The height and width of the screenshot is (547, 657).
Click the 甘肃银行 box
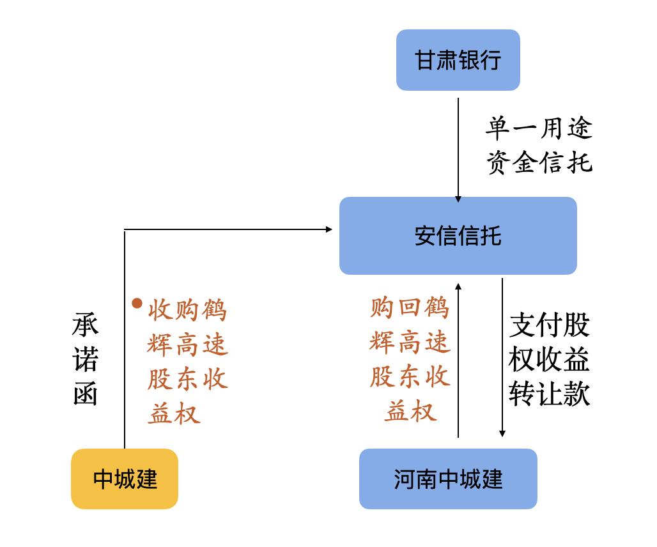coord(458,60)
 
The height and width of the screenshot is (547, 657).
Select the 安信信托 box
coord(458,235)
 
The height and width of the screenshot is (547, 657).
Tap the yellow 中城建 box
coord(125,479)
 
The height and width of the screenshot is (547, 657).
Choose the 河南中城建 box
coord(448,479)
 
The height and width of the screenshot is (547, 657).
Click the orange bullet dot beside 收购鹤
coord(137,304)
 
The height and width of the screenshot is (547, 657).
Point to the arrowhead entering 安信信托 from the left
coord(329,229)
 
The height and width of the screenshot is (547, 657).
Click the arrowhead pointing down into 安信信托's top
coord(458,199)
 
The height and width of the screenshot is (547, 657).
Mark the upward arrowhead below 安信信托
coord(458,286)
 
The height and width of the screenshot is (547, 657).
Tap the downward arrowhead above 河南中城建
coord(502,433)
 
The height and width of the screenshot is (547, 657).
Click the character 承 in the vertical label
coord(86,325)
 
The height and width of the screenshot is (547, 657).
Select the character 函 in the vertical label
coord(86,393)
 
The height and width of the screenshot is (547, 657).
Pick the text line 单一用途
coord(539,128)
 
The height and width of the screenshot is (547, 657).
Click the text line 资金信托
coord(539,162)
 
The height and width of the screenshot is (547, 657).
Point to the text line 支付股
coord(550,325)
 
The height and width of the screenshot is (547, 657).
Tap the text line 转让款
coord(550,394)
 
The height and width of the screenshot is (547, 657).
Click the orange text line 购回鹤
coord(410,307)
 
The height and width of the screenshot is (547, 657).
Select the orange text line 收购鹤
coord(187,311)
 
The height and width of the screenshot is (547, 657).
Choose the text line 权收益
coord(550,359)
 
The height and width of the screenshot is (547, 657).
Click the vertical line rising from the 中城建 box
coord(125,339)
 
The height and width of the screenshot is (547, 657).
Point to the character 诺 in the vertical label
coord(86,359)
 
